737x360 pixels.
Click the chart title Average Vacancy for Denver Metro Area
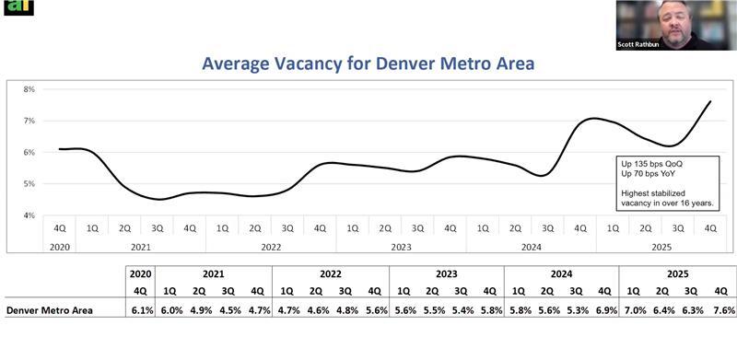(x=368, y=64)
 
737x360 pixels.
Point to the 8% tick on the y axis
(x=29, y=89)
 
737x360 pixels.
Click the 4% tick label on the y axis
(x=29, y=215)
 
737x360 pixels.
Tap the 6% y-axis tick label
(x=29, y=153)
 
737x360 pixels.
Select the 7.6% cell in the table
(x=722, y=311)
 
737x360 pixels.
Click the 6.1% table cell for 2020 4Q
(x=140, y=311)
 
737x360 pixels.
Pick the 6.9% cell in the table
(x=605, y=311)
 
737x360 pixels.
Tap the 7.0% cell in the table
(x=635, y=311)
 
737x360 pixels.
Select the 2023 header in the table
(x=446, y=273)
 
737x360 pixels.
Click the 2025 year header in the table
(x=677, y=273)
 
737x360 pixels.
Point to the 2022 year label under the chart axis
(x=271, y=247)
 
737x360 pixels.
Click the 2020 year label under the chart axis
(x=59, y=247)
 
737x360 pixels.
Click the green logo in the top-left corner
(x=18, y=7)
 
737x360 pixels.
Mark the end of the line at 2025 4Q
(x=710, y=101)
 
